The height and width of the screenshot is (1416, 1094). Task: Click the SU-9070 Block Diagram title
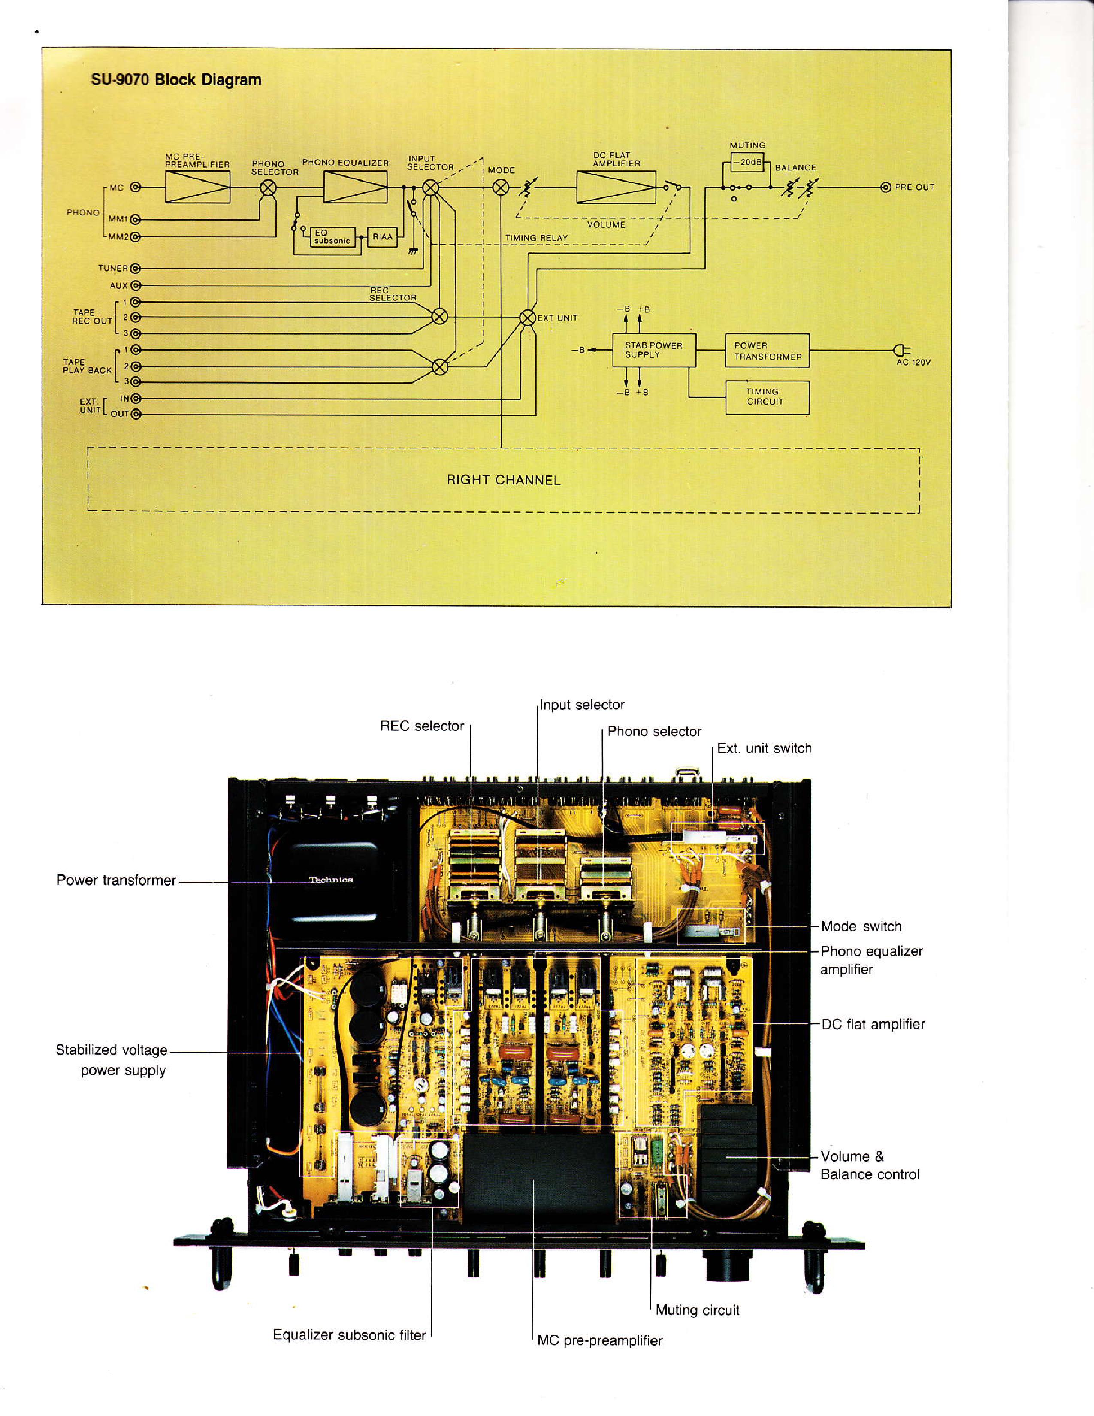[176, 80]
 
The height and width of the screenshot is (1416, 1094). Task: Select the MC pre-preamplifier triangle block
[198, 188]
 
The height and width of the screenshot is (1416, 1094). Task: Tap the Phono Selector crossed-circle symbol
[268, 188]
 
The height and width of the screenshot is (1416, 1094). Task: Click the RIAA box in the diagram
[382, 237]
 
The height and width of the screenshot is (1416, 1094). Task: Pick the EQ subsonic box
[333, 237]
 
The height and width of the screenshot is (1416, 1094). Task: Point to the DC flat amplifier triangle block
[616, 188]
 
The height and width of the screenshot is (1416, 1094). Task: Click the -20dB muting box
[748, 162]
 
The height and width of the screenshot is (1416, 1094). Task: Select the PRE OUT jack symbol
[886, 188]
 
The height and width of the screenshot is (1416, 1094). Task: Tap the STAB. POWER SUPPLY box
[654, 350]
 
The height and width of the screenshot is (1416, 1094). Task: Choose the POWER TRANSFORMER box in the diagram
[768, 351]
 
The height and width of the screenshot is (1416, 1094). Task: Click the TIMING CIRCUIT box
[768, 397]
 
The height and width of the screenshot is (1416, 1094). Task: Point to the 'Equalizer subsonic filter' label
[349, 1335]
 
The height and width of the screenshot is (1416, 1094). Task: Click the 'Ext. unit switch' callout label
[764, 748]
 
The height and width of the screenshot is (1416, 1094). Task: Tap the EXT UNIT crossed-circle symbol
[528, 318]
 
